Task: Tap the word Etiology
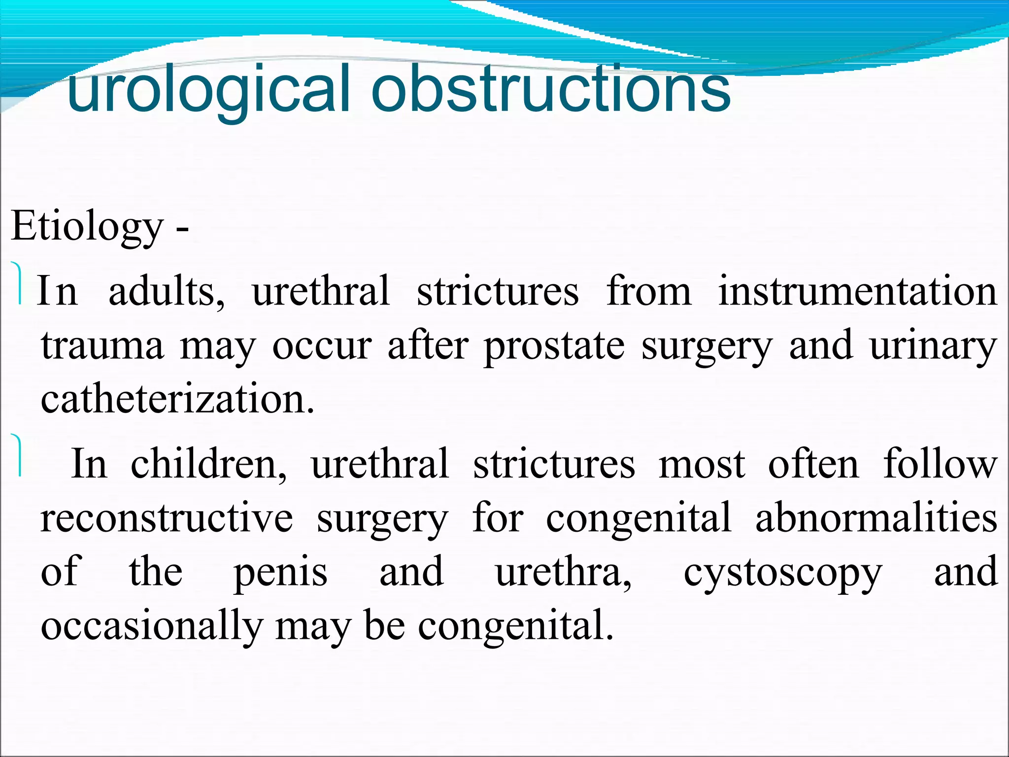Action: pos(87,227)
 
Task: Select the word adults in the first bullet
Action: pos(166,292)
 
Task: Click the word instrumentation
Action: pos(858,292)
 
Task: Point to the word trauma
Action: pos(102,346)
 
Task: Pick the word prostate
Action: pos(554,347)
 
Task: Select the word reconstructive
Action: pos(167,518)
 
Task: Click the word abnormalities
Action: pos(876,518)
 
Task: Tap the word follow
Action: pos(940,464)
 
